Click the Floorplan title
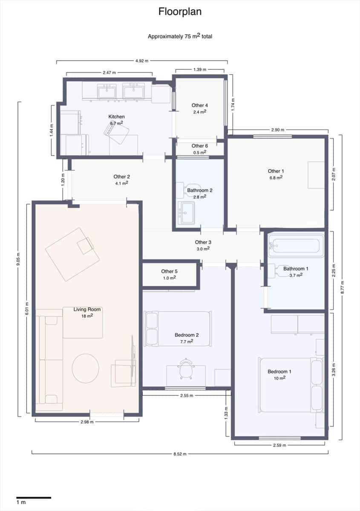[x=180, y=11]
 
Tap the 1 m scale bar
[x=34, y=497]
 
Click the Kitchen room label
[x=116, y=117]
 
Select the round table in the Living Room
[x=86, y=368]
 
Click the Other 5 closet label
[x=169, y=271]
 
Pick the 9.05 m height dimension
[x=18, y=259]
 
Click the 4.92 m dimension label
[x=142, y=60]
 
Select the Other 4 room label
[x=199, y=105]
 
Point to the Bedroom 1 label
[x=279, y=372]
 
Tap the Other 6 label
[x=199, y=146]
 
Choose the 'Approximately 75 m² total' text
[x=180, y=36]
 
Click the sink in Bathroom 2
[x=186, y=212]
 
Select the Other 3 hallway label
[x=203, y=242]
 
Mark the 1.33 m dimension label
[x=226, y=413]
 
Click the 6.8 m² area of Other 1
[x=276, y=178]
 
